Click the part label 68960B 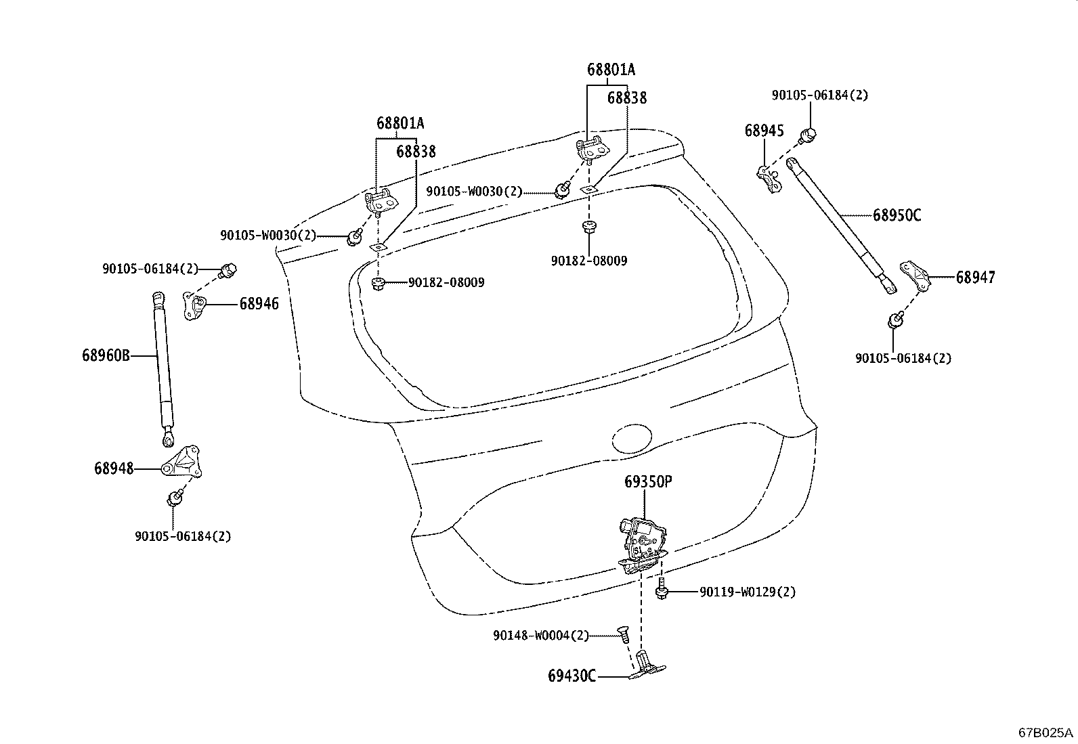pyautogui.click(x=105, y=355)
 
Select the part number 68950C pyautogui.click(x=897, y=215)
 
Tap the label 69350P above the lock pyautogui.click(x=648, y=482)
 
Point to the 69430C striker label pyautogui.click(x=572, y=676)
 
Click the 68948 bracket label pyautogui.click(x=114, y=468)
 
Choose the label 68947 pyautogui.click(x=975, y=278)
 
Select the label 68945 pyautogui.click(x=764, y=131)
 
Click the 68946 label pyautogui.click(x=259, y=305)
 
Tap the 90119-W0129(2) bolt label pyautogui.click(x=748, y=592)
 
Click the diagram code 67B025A pyautogui.click(x=1045, y=732)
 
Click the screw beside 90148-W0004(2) pyautogui.click(x=623, y=635)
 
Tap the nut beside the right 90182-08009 pyautogui.click(x=588, y=227)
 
